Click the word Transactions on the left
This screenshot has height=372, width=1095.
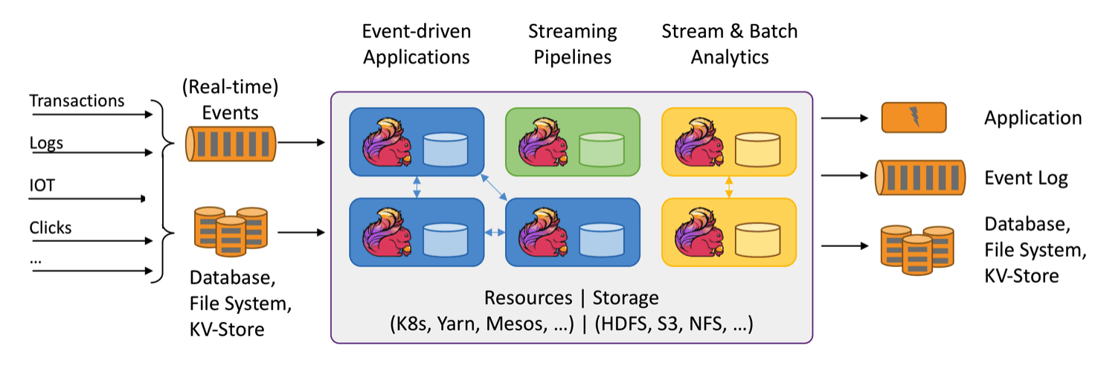[77, 100]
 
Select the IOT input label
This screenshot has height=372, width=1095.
[42, 184]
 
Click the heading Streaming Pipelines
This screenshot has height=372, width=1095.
[572, 44]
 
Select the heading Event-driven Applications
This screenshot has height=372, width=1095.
[417, 44]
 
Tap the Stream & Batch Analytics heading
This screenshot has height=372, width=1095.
[729, 44]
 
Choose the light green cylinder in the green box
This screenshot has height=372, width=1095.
[600, 149]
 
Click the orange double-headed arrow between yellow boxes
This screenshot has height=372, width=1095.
[729, 187]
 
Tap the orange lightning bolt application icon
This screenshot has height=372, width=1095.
[913, 118]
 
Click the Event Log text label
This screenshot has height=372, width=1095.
[1026, 178]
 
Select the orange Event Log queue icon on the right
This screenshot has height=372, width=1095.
[919, 179]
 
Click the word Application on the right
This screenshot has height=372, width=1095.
[1033, 118]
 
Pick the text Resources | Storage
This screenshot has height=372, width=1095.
[571, 298]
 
